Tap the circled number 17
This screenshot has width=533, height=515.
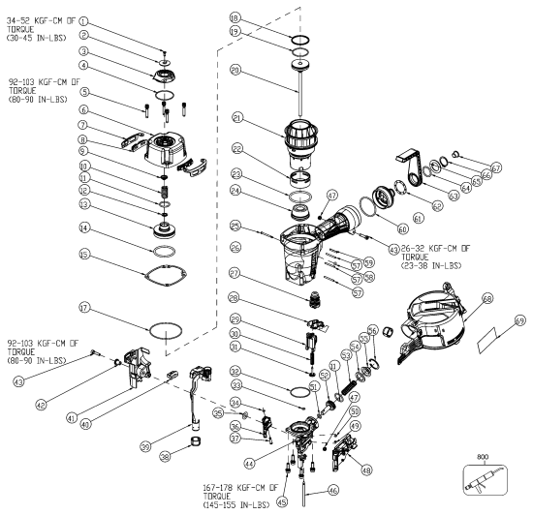[x=84, y=309]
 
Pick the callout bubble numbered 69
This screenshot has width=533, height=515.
[x=518, y=320]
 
